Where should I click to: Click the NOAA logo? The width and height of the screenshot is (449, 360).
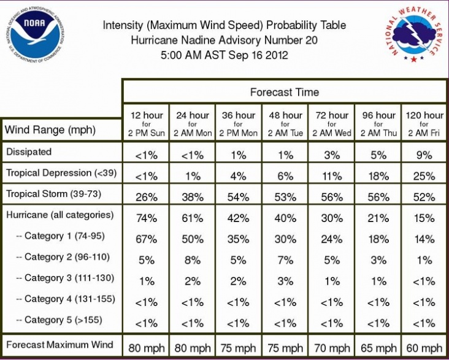coord(34,34)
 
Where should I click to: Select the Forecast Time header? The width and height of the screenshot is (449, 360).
coord(285,92)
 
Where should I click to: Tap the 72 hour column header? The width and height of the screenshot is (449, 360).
coord(332,124)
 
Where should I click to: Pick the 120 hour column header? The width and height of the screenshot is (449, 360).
coord(424,124)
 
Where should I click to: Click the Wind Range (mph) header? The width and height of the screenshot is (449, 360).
coord(50,130)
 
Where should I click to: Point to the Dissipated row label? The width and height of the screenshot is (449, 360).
coord(29,152)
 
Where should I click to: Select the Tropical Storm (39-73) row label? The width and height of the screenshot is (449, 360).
coord(53,194)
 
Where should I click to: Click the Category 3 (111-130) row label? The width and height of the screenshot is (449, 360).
coord(65,278)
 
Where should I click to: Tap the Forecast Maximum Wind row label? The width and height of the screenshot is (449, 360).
coord(59,345)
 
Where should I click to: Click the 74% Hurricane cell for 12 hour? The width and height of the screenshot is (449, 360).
coord(147,218)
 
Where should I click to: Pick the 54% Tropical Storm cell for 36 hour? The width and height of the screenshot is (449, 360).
coord(238,197)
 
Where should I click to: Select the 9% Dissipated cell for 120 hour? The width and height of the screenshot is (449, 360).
coord(424,155)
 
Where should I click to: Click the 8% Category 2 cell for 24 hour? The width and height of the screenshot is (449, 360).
coord(193,260)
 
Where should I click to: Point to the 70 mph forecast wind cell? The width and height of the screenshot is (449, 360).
coord(332,348)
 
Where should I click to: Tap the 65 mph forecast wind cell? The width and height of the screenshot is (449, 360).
coord(378,348)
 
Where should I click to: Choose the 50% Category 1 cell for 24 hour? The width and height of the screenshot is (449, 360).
coord(193,239)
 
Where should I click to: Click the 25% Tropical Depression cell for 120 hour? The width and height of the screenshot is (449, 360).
coord(424,176)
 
